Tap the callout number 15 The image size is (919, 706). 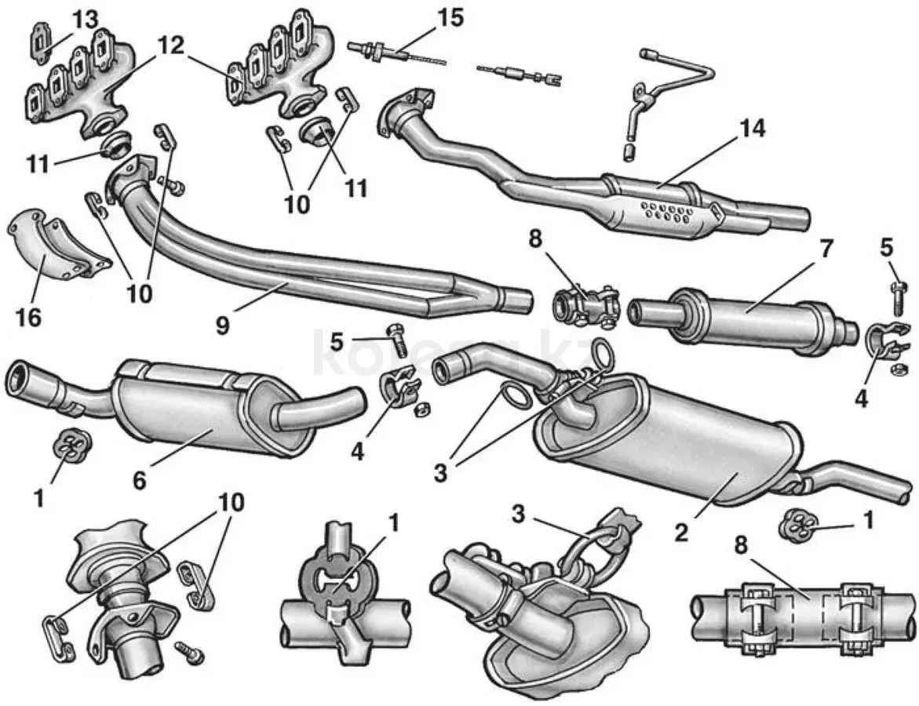451,16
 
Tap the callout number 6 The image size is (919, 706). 139,481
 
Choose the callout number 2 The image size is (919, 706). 681,533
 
